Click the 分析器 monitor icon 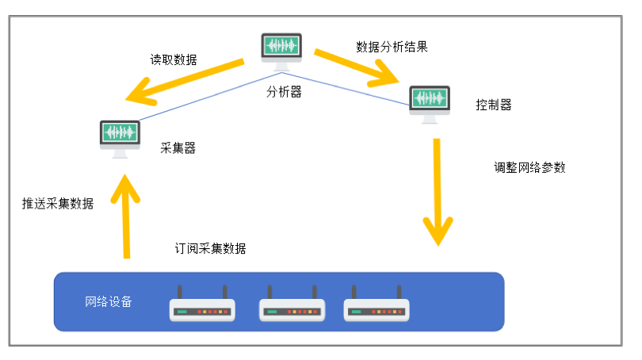tap(281, 52)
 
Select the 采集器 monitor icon tap(120, 140)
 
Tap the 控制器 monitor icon tap(430, 105)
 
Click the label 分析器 tap(285, 92)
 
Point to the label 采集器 tap(178, 147)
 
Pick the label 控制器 tap(494, 105)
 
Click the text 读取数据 tap(174, 59)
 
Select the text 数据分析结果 tap(392, 47)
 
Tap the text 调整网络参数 tap(529, 167)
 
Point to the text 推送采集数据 tap(58, 203)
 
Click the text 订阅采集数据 tap(211, 248)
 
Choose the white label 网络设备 tap(109, 302)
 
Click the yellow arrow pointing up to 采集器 tap(126, 216)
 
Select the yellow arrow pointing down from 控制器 tap(438, 192)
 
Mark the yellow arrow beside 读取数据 tap(185, 82)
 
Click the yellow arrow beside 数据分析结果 tap(356, 67)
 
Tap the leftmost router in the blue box tap(202, 304)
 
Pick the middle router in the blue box tap(292, 304)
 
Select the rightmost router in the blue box tap(376, 304)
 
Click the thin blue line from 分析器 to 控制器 tap(346, 89)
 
